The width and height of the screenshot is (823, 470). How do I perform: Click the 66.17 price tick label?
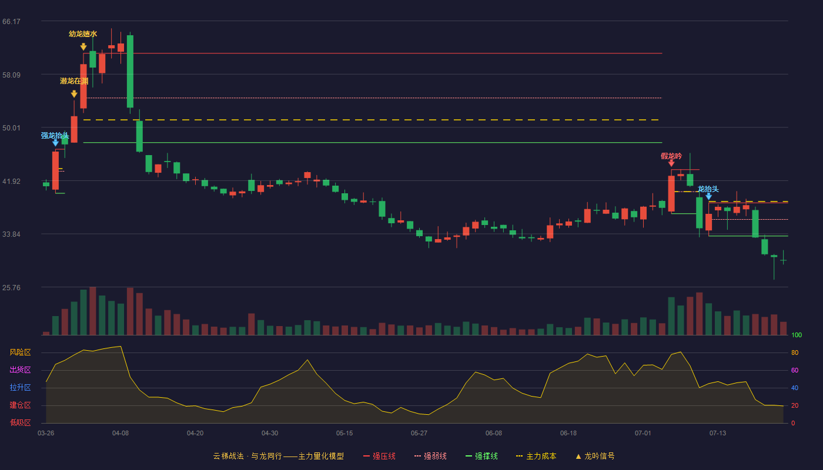11,22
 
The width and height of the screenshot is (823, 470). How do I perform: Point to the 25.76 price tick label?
11,287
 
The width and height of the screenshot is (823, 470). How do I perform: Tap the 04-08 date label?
121,434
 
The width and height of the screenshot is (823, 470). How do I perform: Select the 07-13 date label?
718,434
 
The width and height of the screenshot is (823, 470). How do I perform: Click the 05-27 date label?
419,434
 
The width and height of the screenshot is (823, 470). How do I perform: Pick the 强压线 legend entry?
379,456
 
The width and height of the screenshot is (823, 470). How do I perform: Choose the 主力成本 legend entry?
536,456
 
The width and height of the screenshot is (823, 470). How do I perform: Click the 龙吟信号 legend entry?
595,456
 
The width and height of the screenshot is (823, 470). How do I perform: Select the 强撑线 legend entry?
481,456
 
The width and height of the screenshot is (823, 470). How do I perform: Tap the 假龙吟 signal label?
671,156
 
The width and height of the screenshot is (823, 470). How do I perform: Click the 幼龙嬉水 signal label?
83,34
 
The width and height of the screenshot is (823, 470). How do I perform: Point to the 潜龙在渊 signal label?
74,81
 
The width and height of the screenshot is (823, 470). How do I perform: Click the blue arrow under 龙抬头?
709,197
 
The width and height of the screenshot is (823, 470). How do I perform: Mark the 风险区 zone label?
20,352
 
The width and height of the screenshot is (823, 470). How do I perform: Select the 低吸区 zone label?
20,423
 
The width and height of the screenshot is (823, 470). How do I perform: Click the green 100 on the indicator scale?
797,335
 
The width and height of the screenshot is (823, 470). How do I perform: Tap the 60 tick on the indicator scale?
795,370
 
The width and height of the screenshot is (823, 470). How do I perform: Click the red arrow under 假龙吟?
671,163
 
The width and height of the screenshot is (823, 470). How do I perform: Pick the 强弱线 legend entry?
430,456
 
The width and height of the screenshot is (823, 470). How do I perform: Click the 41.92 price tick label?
11,182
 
